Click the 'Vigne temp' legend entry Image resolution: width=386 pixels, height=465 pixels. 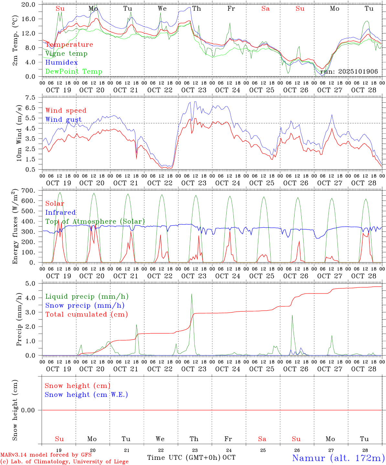pos(66,54)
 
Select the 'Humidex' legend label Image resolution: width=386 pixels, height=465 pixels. pos(61,63)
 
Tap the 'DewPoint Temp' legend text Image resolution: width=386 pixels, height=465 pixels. pos(74,72)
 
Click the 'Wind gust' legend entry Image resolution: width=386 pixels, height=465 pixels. pos(63,119)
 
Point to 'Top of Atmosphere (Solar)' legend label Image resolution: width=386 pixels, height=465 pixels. pos(95,222)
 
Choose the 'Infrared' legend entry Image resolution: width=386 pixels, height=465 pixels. pos(60,212)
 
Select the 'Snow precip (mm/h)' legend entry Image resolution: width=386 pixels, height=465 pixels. pos(85,305)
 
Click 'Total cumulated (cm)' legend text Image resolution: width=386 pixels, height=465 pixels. pos(86,315)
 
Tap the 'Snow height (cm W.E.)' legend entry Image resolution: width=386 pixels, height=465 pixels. pos(86,395)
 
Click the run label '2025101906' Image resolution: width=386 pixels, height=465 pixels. pos(349,72)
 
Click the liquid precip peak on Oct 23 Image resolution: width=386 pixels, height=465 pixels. pos(192,294)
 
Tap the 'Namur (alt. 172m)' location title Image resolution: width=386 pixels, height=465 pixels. pos(338,458)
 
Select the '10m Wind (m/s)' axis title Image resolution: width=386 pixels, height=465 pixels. pos(19,133)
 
